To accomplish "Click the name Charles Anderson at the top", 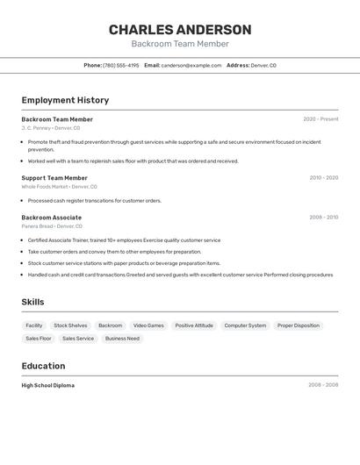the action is (180, 30).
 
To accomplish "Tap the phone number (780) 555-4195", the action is (120, 65).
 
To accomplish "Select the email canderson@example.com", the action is (191, 65).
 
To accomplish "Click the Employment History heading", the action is (65, 100).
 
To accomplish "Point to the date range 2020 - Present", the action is (320, 119).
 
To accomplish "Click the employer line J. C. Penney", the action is (50, 128).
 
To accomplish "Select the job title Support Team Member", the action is (54, 178).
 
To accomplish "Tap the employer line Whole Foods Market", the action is (59, 187).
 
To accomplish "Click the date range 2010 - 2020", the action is (323, 178).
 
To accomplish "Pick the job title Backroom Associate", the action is (52, 218).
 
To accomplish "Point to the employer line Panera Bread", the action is (49, 226).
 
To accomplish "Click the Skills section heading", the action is (33, 302).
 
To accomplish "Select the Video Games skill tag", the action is (148, 325).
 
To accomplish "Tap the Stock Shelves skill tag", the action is (70, 325).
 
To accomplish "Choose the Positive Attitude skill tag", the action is (194, 325).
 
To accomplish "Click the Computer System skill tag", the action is (245, 325).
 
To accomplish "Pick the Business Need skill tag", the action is (122, 339).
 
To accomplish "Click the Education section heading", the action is (43, 366).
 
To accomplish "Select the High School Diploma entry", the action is (48, 385).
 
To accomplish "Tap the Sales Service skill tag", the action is (78, 339).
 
